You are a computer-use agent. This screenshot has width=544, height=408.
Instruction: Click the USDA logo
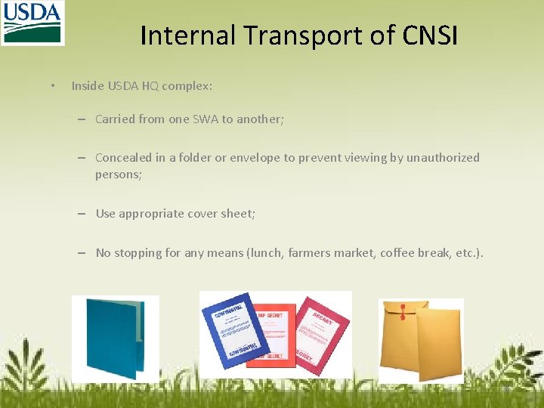(x=32, y=23)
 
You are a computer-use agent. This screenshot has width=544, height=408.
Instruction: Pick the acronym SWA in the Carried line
(x=204, y=119)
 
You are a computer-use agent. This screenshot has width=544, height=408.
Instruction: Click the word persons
(x=118, y=175)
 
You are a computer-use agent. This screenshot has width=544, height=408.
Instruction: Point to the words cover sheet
(x=220, y=214)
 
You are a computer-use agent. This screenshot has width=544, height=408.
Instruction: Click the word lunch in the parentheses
(x=267, y=253)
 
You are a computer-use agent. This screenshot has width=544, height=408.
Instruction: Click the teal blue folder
(x=113, y=336)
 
